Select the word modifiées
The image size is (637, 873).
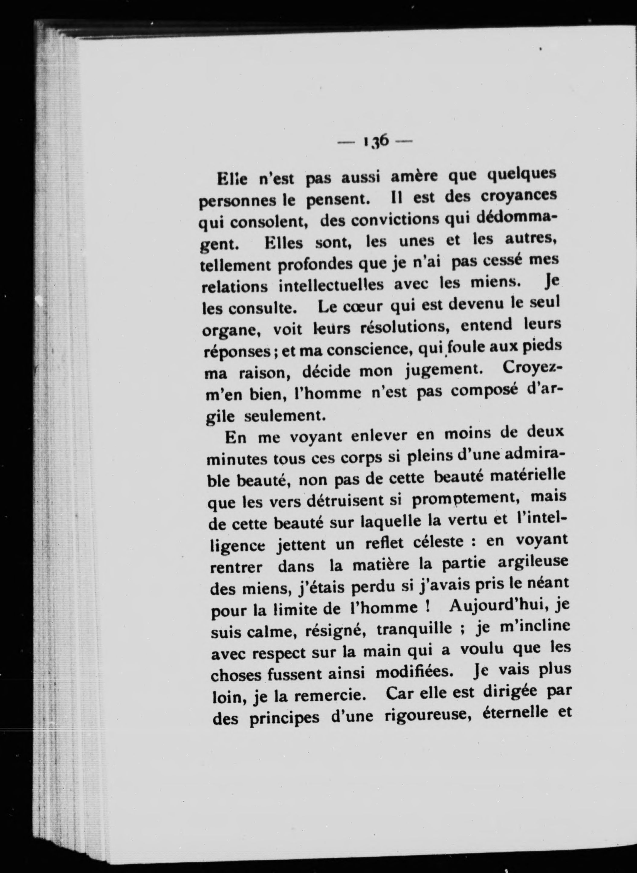click(412, 672)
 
